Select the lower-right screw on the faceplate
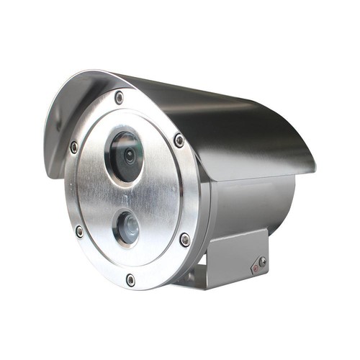[185, 239]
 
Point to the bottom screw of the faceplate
[130, 279]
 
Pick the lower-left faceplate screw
[79, 231]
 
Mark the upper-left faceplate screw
[74, 147]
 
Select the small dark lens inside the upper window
[129, 154]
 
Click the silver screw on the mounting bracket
[263, 262]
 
